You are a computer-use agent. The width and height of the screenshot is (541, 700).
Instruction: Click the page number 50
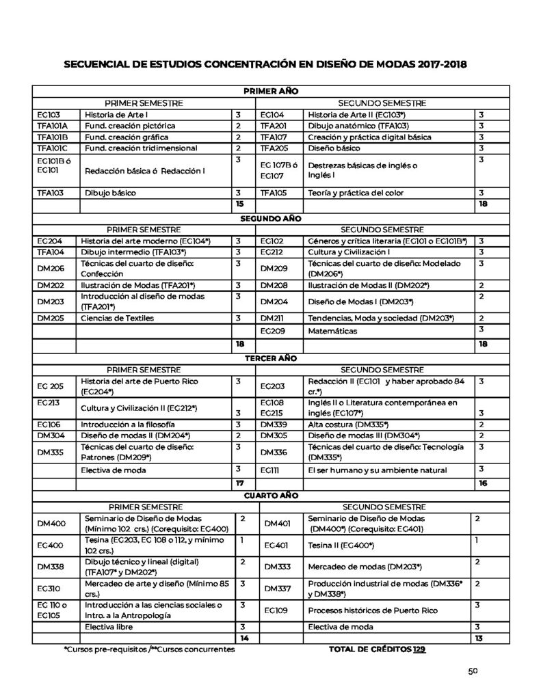click(x=472, y=671)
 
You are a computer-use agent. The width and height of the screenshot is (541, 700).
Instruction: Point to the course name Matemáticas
click(x=332, y=330)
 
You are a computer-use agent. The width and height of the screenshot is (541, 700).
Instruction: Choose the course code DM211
click(x=274, y=318)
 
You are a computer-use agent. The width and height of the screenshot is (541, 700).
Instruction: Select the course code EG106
click(x=49, y=424)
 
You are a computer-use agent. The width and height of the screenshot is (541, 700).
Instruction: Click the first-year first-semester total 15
click(x=239, y=204)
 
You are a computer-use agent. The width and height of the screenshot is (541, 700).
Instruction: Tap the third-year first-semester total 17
click(x=239, y=483)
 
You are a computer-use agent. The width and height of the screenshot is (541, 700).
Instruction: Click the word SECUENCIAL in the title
click(x=98, y=65)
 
